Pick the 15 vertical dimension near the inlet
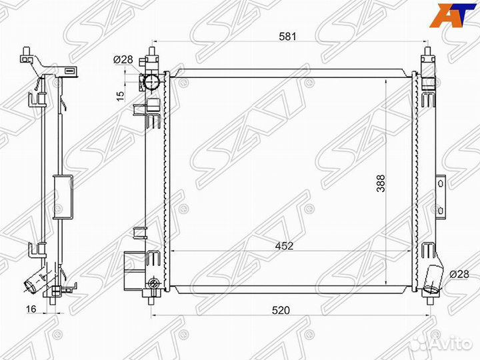[120, 95]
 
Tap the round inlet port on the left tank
[151, 82]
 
